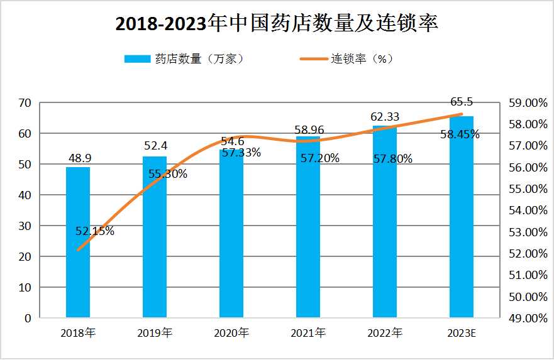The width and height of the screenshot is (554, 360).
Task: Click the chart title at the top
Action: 277,23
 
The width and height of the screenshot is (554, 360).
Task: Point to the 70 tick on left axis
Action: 25,103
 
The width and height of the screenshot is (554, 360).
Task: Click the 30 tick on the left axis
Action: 25,226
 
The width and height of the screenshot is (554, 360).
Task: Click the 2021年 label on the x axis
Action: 308,333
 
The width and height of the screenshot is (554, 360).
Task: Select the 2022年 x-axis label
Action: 385,333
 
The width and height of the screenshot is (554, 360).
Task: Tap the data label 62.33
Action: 385,117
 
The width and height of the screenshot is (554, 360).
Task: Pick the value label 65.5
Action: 462,102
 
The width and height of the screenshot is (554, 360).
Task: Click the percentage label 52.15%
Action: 95,231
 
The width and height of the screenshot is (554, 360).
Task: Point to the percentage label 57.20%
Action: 319,158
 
